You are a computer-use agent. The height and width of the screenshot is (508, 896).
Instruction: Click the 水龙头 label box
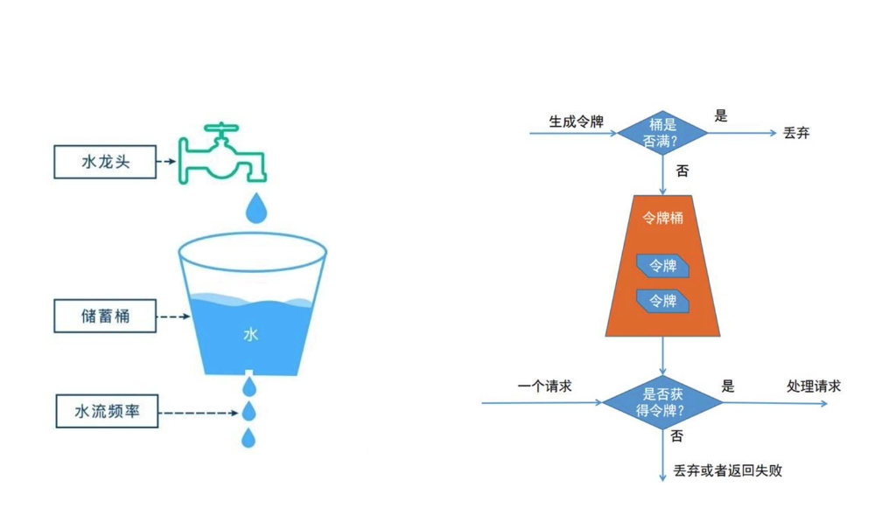point(105,162)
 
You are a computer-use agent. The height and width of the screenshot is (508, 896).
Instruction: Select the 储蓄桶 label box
point(105,316)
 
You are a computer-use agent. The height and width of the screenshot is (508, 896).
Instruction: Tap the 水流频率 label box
point(106,411)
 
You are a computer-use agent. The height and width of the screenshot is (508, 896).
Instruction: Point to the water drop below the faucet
point(255,207)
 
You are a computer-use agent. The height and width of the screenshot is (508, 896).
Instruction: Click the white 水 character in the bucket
point(251,334)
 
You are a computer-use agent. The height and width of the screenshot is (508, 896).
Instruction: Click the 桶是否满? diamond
point(662,132)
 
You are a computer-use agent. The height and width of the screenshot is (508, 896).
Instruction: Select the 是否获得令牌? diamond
point(663,402)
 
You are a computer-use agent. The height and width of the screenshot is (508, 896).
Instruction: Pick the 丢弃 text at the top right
point(796,134)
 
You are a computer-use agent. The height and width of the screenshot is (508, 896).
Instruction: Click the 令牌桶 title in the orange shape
point(662,218)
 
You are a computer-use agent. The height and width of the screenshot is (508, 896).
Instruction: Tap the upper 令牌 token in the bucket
point(662,266)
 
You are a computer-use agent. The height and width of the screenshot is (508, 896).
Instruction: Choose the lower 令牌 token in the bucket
point(662,301)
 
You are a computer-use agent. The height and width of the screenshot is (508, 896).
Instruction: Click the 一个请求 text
point(544,386)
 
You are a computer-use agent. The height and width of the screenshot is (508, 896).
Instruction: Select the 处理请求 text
point(814,386)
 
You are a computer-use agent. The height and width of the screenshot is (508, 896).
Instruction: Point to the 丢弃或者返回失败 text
point(728,471)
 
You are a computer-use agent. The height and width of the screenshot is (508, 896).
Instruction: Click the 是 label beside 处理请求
point(727,386)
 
